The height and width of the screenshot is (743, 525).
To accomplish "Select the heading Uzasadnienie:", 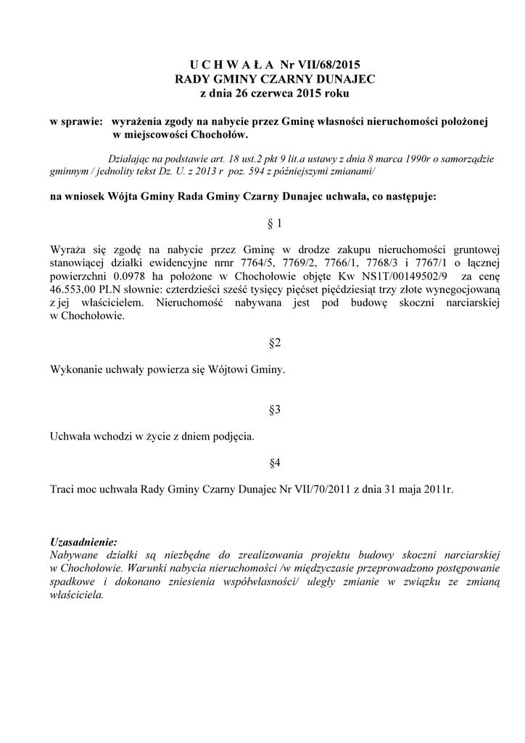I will click(83, 542).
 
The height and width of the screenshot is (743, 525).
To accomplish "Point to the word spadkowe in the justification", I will click(73, 581).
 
